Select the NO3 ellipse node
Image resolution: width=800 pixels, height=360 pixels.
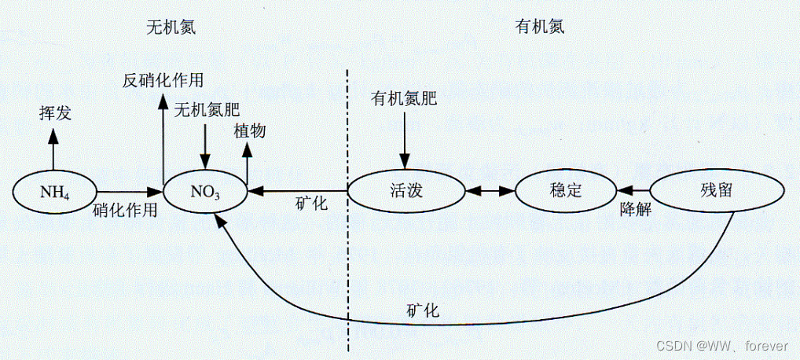click(205, 190)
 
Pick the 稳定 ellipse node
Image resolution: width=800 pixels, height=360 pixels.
click(565, 190)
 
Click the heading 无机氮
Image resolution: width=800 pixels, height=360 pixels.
click(171, 27)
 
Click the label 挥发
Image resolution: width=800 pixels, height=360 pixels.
click(55, 113)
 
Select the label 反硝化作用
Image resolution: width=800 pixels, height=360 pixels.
click(163, 80)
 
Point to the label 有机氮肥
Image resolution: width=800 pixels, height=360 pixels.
click(403, 98)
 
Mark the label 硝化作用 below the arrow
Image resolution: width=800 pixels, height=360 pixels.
click(125, 210)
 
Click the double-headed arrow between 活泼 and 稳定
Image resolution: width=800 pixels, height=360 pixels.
click(489, 190)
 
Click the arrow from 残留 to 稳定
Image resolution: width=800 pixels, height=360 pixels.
click(633, 190)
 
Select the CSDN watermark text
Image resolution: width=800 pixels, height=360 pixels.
click(721, 346)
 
